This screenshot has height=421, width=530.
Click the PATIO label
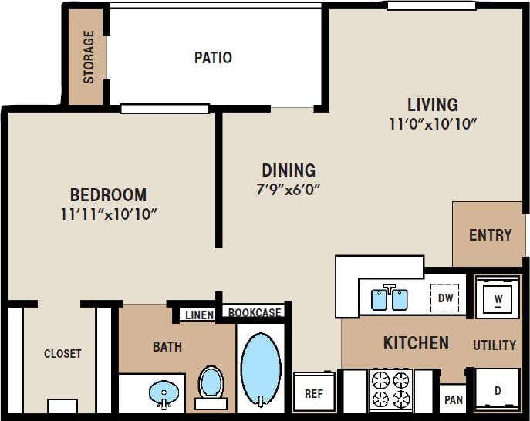coord(213,58)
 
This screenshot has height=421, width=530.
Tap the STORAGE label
coord(89,57)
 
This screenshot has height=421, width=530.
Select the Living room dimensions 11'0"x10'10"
coord(433,123)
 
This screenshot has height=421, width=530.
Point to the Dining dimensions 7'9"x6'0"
coord(289,189)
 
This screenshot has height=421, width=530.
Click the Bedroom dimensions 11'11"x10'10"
coord(109,214)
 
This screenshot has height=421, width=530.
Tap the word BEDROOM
coord(109,194)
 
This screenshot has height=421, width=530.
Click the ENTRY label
coord(490,235)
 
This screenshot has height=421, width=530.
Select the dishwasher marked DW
coord(445,298)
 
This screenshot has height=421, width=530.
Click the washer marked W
coord(498,297)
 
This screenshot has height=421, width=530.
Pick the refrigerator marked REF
coord(313,392)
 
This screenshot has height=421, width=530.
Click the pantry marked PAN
coord(454,399)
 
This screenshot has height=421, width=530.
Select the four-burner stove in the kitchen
coord(391,389)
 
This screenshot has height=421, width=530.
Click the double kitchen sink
coord(390,298)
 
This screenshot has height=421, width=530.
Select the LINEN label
coord(199,315)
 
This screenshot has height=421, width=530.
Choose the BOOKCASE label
coord(255,313)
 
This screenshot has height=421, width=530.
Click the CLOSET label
coord(62,354)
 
